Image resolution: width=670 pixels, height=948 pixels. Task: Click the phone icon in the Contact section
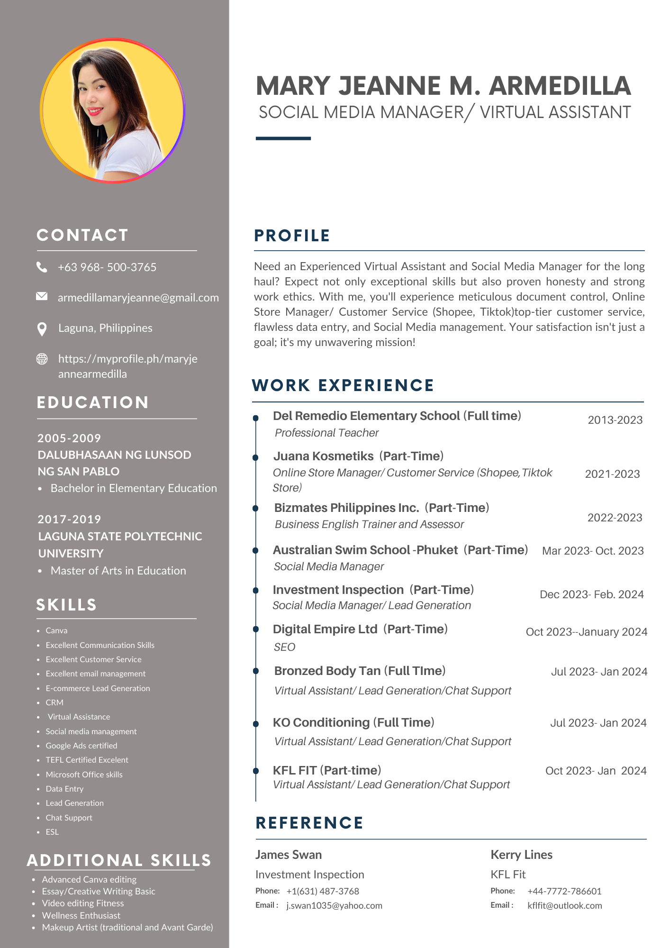click(42, 267)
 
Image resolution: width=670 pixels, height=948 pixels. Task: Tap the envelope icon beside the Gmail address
click(42, 297)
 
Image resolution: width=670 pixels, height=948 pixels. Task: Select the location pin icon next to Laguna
click(42, 328)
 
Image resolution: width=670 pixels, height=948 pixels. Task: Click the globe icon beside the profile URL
click(42, 359)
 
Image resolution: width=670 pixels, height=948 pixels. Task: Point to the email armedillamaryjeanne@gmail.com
click(138, 298)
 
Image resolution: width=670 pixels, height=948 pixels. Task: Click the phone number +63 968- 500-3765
click(107, 267)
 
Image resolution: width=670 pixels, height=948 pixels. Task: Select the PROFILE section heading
click(292, 236)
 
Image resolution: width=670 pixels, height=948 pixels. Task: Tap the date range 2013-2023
click(615, 420)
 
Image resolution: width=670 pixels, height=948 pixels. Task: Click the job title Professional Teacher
click(326, 433)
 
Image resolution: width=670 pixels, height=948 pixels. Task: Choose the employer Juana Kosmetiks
click(323, 456)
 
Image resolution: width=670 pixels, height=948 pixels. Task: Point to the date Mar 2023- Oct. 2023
click(592, 551)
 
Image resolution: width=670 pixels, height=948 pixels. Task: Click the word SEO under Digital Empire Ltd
click(284, 647)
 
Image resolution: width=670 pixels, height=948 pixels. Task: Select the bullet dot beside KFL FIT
click(256, 771)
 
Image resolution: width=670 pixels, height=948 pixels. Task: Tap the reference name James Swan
click(288, 855)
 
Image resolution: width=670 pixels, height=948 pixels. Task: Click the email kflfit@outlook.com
click(564, 905)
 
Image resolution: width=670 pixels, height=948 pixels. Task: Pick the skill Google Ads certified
click(81, 746)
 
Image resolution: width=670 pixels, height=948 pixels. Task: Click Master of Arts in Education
click(118, 571)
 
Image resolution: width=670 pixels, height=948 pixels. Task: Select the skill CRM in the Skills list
click(54, 702)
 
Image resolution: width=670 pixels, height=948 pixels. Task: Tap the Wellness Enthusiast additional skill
click(81, 915)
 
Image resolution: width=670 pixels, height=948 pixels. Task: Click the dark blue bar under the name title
click(283, 138)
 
